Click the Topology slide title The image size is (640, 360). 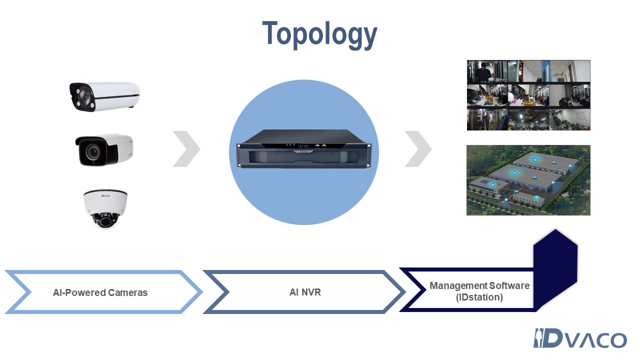[319, 34]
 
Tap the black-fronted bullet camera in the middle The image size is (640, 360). [104, 149]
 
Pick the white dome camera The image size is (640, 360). [105, 208]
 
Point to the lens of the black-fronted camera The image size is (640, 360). [92, 151]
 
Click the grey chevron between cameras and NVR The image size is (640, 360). [186, 149]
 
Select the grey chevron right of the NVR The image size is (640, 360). [418, 149]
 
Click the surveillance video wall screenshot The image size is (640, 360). [528, 95]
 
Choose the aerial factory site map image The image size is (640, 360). [528, 180]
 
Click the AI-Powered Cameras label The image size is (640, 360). [100, 292]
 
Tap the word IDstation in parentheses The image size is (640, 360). [479, 297]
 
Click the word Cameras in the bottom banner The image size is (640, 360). [129, 292]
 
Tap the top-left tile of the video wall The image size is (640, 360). [487, 71]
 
